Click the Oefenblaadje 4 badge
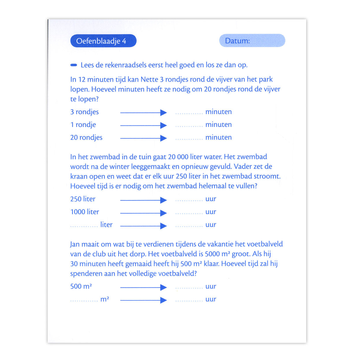click(103, 41)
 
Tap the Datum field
click(252, 41)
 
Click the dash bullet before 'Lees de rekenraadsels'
click(74, 65)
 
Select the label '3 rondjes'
click(84, 112)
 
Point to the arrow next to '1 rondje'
click(143, 125)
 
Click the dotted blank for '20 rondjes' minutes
click(189, 139)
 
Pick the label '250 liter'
click(83, 199)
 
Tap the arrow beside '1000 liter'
click(143, 213)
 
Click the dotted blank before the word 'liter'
click(84, 226)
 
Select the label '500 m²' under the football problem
click(81, 286)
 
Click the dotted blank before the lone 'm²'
click(84, 301)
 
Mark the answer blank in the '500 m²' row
click(189, 288)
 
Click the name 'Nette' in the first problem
click(149, 79)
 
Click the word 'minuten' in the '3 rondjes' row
click(218, 112)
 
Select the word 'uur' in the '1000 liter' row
click(211, 212)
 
